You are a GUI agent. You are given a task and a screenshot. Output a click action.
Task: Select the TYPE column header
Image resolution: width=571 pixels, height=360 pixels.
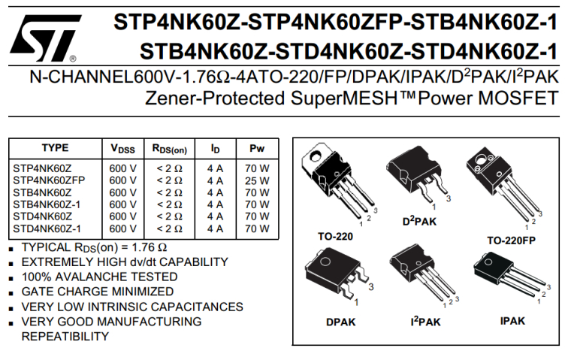[x=55, y=148]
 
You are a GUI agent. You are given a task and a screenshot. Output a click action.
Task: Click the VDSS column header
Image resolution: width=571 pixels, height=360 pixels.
[x=123, y=149]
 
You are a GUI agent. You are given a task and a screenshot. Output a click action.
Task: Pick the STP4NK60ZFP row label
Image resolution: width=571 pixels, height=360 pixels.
[x=49, y=180]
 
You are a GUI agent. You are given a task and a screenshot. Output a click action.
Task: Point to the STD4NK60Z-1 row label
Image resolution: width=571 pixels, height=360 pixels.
[x=47, y=228]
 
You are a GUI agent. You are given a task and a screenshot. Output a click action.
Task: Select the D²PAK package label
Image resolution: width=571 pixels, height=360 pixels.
[x=419, y=221]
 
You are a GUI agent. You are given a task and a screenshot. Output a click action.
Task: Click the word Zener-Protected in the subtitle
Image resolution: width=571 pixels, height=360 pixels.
[x=204, y=98]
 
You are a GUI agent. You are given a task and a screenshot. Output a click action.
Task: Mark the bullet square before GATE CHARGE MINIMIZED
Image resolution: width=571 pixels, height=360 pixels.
[x=11, y=292]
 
